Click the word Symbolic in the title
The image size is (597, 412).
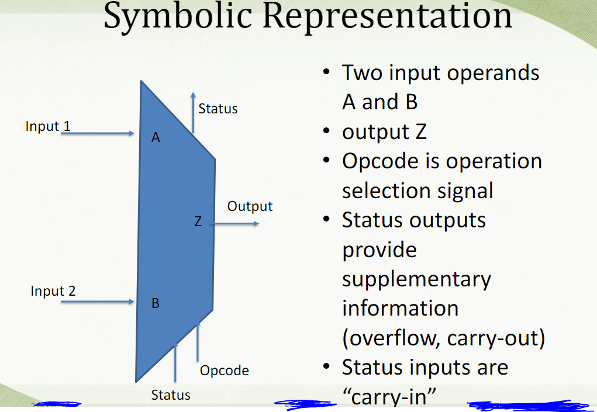(x=177, y=16)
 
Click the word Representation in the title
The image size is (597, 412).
(x=387, y=15)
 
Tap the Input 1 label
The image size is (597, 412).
(x=48, y=126)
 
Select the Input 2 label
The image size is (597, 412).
(x=53, y=290)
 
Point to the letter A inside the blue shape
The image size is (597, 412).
(x=156, y=137)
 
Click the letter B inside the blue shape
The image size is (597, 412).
(x=156, y=303)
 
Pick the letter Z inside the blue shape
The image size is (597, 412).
(x=198, y=221)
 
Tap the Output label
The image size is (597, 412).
(x=250, y=206)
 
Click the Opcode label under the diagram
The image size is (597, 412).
(x=225, y=370)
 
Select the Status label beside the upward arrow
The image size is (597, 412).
(x=218, y=109)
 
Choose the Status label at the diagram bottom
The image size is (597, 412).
(x=171, y=395)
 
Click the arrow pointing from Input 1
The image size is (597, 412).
(x=98, y=133)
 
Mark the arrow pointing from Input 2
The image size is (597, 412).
(x=98, y=302)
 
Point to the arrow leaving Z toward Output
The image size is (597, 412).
(x=235, y=224)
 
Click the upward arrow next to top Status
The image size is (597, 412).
(x=193, y=113)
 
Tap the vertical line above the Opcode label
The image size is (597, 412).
(x=198, y=341)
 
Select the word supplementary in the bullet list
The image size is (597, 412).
(x=416, y=280)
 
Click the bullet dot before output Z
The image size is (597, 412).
(x=326, y=131)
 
